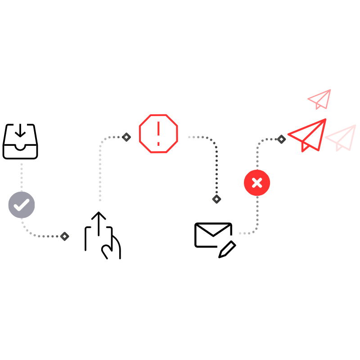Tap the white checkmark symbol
pyautogui.click(x=21, y=205)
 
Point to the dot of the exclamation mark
pyautogui.click(x=158, y=144)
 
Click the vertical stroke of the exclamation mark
pyautogui.click(x=158, y=130)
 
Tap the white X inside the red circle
pyautogui.click(x=257, y=183)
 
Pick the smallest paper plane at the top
pyautogui.click(x=321, y=99)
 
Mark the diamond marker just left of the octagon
pyautogui.click(x=126, y=137)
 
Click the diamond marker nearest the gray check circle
pyautogui.click(x=65, y=236)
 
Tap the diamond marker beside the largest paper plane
pyautogui.click(x=282, y=139)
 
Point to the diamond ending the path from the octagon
pyautogui.click(x=216, y=199)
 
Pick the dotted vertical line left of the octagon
pyautogui.click(x=100, y=171)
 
